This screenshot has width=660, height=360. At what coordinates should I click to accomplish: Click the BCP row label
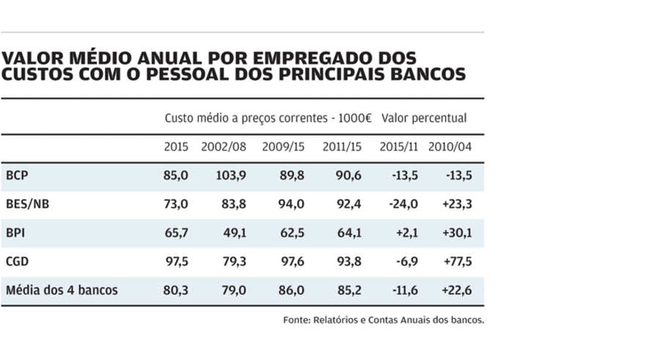(x=17, y=175)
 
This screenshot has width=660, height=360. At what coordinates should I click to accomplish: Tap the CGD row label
(x=17, y=262)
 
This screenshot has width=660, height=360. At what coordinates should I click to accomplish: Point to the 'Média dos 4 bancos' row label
(x=62, y=290)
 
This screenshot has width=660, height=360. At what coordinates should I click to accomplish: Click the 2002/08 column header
(x=224, y=147)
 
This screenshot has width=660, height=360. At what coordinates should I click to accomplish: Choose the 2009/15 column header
(x=283, y=147)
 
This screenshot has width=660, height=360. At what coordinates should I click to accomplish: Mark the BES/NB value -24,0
(x=403, y=204)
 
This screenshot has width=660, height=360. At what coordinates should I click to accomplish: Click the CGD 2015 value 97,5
(x=177, y=262)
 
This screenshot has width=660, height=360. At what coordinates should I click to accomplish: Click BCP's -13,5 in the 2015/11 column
(x=403, y=175)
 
